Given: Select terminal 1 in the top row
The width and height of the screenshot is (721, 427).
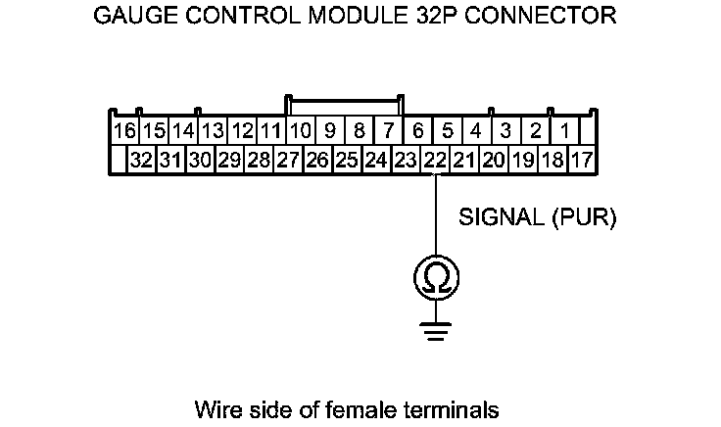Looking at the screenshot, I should click(x=565, y=130).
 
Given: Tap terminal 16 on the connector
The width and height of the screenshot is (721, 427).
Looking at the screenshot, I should click(x=124, y=130).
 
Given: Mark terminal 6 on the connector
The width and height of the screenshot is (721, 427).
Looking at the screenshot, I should click(x=418, y=130).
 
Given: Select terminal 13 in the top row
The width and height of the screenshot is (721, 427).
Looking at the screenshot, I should click(x=213, y=130).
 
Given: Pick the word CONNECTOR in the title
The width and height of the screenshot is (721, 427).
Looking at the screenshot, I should click(x=548, y=17).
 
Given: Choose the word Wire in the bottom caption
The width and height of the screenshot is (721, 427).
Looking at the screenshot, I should click(x=216, y=407).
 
